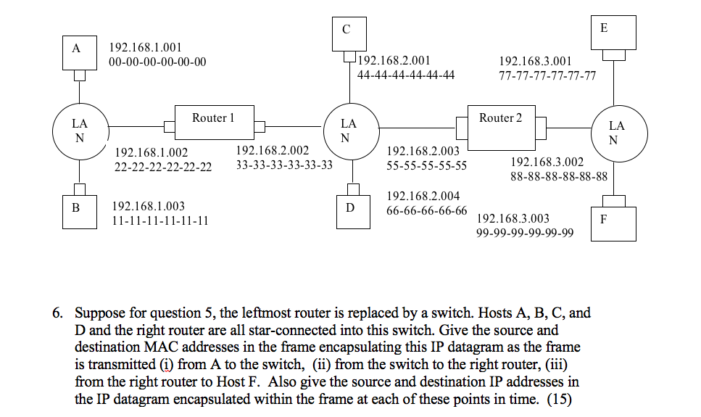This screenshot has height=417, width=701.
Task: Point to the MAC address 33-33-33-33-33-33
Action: click(284, 165)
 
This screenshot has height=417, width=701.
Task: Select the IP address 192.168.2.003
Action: click(423, 151)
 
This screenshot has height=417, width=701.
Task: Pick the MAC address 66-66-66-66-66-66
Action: click(427, 210)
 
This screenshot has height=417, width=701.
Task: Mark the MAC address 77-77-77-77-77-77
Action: click(547, 75)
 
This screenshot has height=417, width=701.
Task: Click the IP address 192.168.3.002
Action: click(547, 162)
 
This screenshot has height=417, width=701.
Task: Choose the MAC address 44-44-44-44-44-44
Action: click(406, 75)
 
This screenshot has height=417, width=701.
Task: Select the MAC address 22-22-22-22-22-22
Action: click(163, 166)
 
